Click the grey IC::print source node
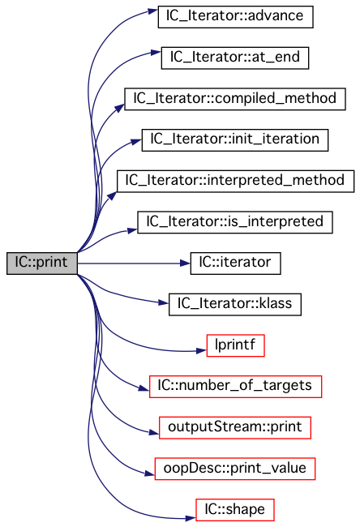point(42,263)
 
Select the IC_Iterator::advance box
point(236,17)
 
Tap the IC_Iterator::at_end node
point(235,58)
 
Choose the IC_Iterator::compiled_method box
point(235,99)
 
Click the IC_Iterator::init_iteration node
point(235,140)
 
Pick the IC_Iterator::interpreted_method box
point(235,181)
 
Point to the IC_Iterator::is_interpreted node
point(235,222)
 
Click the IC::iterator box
point(236,263)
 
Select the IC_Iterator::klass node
point(235,305)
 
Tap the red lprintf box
point(236,345)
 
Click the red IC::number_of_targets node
point(236,387)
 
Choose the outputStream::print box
point(235,428)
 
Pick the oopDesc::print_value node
point(235,469)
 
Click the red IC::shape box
point(235,510)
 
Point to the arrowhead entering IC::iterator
point(186,263)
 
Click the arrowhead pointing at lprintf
point(201,351)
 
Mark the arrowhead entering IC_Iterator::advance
point(153,11)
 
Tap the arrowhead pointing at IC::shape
point(191,518)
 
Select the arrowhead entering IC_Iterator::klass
point(163,303)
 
